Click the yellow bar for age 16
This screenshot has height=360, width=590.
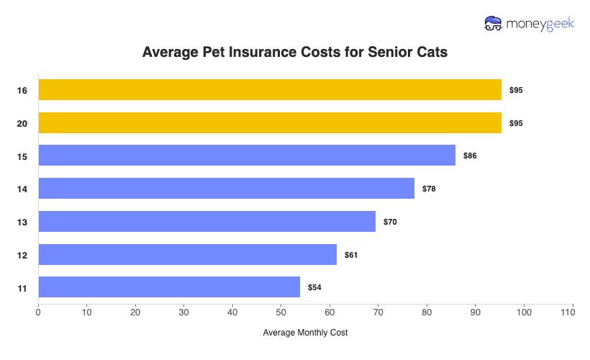tap(270, 90)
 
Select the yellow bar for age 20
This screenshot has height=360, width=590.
tap(270, 123)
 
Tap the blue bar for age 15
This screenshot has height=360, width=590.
tap(247, 156)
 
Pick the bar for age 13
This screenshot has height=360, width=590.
tap(206, 221)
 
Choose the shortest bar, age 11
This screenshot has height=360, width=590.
tap(169, 287)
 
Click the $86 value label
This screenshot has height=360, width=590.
tap(469, 156)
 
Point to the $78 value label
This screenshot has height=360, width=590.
tap(429, 189)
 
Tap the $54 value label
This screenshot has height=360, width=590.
tap(314, 287)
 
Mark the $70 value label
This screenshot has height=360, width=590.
tap(389, 222)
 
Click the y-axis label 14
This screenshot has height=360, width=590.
tap(22, 189)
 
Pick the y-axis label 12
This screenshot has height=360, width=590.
tap(22, 255)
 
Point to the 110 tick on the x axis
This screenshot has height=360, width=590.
tap(572, 312)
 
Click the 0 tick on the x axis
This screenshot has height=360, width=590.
tap(38, 312)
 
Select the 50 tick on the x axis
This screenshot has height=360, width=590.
tap(281, 312)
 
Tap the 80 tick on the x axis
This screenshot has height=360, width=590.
tap(427, 312)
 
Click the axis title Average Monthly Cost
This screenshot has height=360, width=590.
tap(305, 333)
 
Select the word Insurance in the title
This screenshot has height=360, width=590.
tap(269, 53)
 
